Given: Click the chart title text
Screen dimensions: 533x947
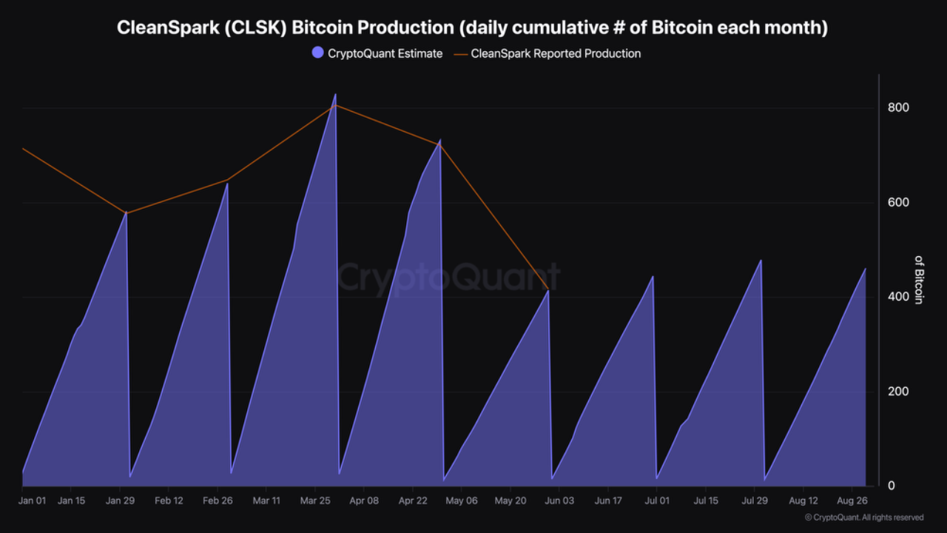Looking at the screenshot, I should [473, 27].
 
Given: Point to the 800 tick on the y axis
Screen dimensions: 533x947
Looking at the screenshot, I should [898, 108].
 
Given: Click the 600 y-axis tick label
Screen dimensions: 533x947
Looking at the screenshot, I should [898, 203].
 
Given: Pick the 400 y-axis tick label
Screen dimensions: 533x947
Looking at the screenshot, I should [898, 297].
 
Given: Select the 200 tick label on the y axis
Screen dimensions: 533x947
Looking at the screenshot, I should [898, 392].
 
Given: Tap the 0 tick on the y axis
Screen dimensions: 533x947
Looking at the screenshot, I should [892, 486].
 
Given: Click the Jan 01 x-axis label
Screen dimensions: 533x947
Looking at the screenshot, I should [32, 500].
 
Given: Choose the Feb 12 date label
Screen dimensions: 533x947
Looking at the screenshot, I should [169, 500].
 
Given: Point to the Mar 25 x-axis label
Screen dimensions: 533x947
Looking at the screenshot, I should [315, 500].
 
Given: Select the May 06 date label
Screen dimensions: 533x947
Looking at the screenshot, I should [462, 500].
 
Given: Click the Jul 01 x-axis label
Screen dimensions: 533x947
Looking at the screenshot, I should [657, 500].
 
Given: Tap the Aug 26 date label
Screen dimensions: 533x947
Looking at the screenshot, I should [852, 500].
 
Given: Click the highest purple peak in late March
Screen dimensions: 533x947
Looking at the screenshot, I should [335, 95].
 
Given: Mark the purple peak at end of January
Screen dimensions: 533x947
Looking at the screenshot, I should [126, 212].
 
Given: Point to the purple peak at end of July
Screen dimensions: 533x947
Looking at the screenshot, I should [761, 261].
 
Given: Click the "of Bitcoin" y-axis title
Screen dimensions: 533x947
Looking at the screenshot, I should [919, 280].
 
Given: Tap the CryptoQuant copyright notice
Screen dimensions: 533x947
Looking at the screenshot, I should [864, 517].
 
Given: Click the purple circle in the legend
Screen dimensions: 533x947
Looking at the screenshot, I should [317, 53].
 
